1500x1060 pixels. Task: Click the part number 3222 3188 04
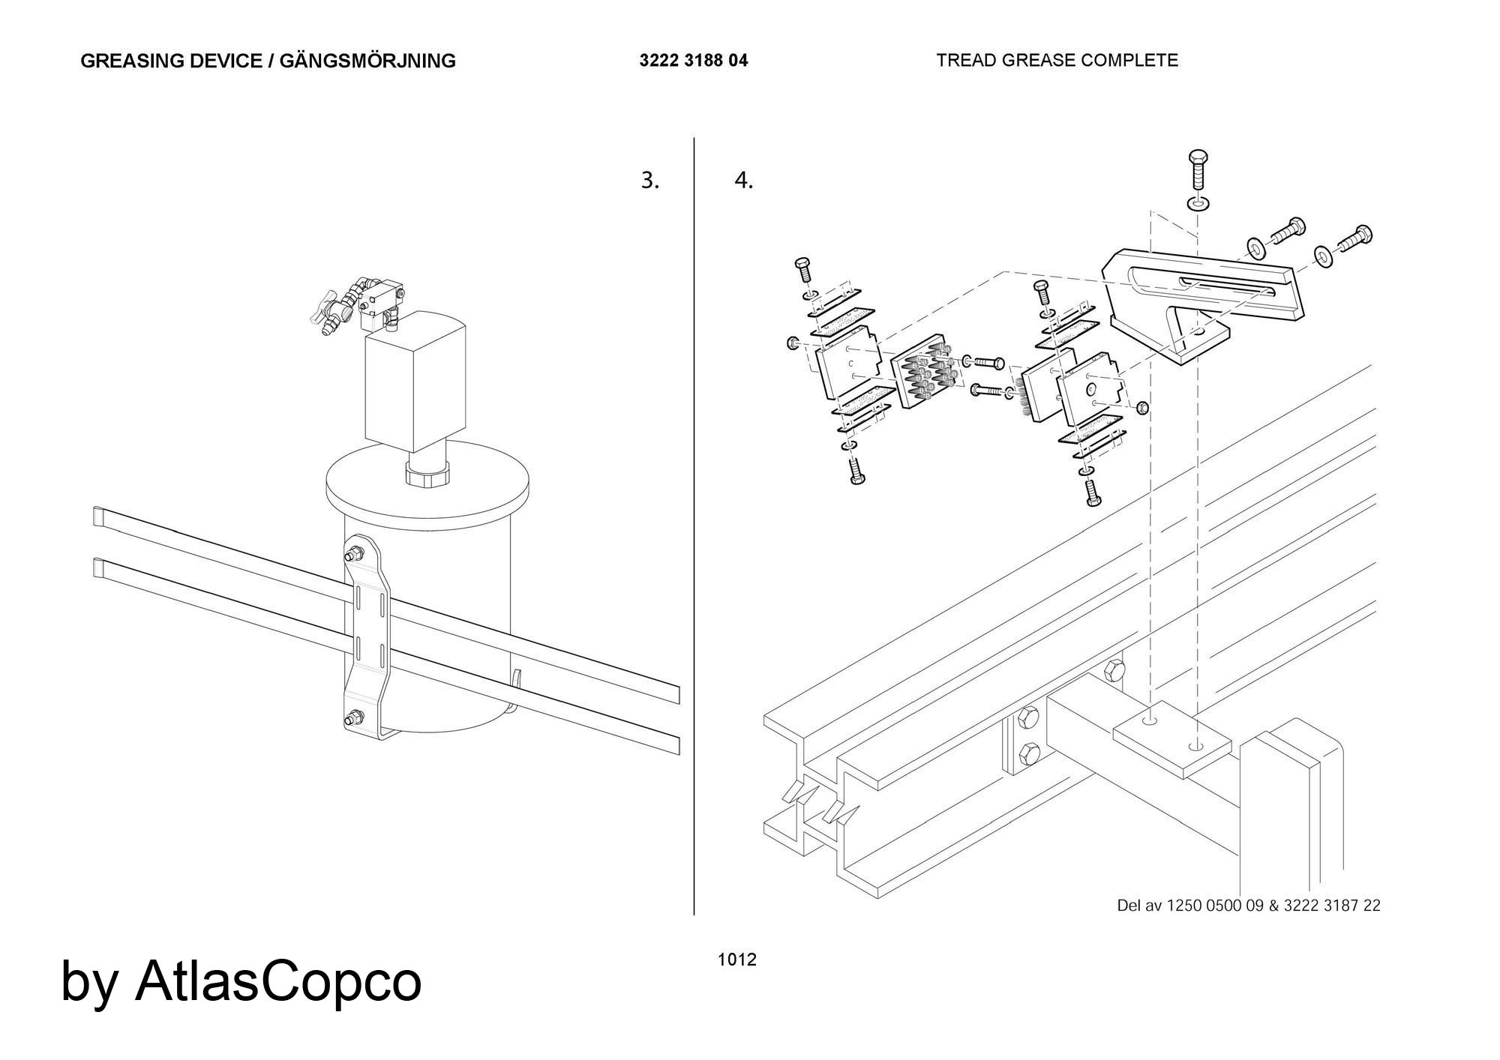693,61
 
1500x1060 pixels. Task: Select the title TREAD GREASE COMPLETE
1057,60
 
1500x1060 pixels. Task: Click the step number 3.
649,181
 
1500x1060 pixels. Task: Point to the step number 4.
742,181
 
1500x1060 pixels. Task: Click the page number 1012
736,959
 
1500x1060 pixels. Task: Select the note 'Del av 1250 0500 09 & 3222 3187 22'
1248,905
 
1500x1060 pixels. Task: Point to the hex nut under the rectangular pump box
426,475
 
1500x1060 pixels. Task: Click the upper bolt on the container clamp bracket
353,556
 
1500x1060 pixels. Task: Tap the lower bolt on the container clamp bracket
352,718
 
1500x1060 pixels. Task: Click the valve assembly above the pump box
360,304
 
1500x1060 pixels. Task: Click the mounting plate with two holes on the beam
1171,738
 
